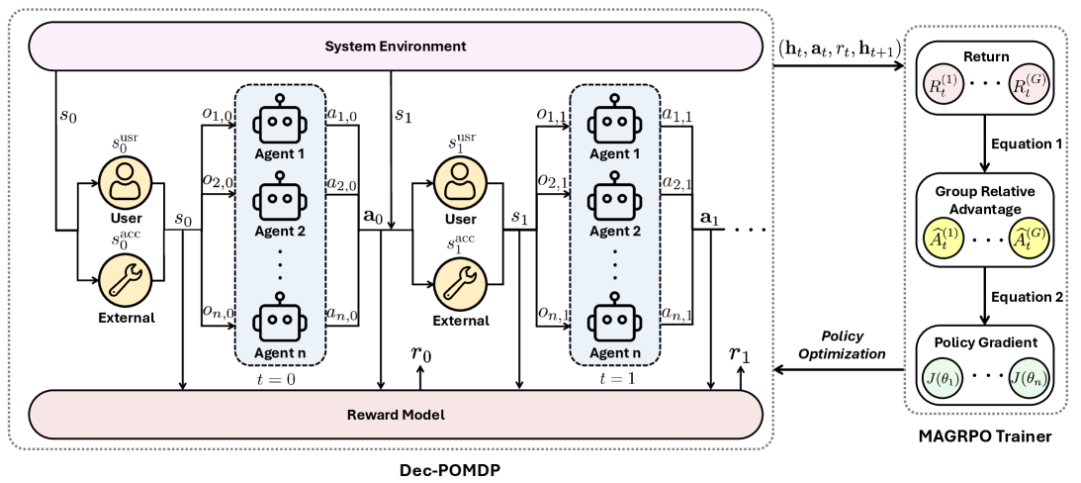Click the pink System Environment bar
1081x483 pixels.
396,47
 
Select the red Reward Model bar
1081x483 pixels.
396,414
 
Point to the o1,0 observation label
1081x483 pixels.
218,115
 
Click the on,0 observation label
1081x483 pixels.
218,313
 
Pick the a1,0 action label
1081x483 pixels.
342,115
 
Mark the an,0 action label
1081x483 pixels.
342,314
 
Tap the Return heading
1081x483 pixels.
985,56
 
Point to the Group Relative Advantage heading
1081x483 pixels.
985,200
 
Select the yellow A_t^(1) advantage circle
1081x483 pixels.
944,241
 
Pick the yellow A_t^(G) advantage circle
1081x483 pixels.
1027,241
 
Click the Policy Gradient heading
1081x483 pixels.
985,342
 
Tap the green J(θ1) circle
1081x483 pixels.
944,377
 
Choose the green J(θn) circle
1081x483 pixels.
1027,377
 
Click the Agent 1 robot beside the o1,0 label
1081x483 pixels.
280,123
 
